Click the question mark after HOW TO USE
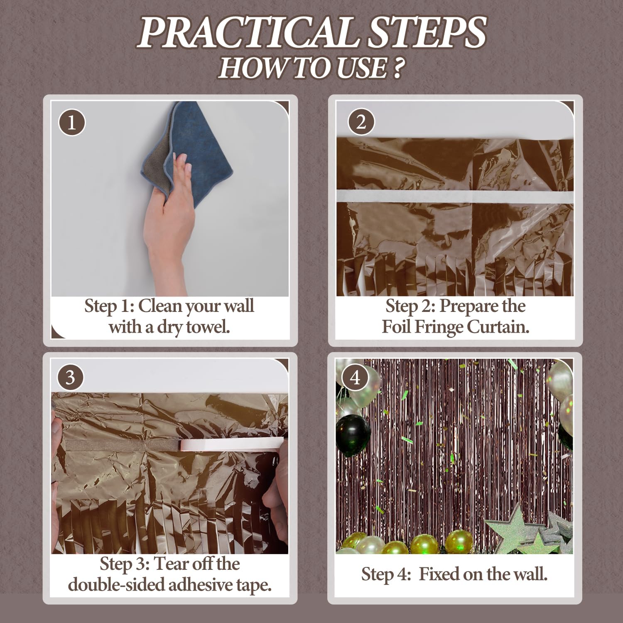[x=397, y=68]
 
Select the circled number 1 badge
[x=72, y=123]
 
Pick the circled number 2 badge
[x=361, y=122]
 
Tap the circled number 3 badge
[x=70, y=378]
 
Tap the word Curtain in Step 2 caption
[x=498, y=327]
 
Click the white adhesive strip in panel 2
[x=455, y=196]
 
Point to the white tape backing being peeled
[x=233, y=445]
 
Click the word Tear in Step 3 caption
[x=168, y=564]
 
